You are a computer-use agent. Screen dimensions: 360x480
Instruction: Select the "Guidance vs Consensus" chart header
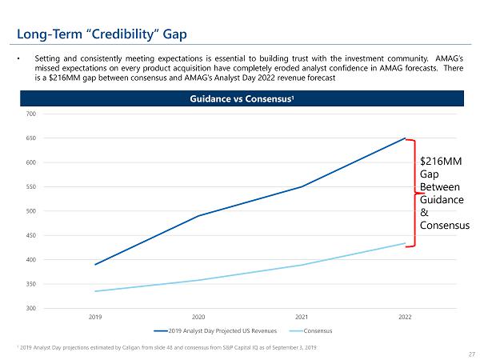pyautogui.click(x=240, y=98)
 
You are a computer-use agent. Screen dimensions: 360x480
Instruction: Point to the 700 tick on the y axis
pyautogui.click(x=31, y=114)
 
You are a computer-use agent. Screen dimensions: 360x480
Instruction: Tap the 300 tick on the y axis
pyautogui.click(x=31, y=308)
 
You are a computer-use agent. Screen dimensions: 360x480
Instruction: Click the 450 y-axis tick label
pyautogui.click(x=31, y=235)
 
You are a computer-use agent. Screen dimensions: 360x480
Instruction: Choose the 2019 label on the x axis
pyautogui.click(x=95, y=317)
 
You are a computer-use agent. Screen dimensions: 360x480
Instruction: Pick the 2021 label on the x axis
pyautogui.click(x=302, y=317)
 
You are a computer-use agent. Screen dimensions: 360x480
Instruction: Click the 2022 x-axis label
pyautogui.click(x=405, y=317)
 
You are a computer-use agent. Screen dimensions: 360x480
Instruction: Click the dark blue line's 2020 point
pyautogui.click(x=198, y=216)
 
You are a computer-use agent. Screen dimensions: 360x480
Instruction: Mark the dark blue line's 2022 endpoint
pyautogui.click(x=405, y=138)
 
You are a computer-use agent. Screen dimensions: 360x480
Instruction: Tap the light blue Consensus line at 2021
pyautogui.click(x=302, y=265)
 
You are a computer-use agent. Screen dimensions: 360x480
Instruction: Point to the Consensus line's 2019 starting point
pyautogui.click(x=95, y=291)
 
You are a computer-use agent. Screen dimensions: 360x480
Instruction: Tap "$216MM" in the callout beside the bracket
pyautogui.click(x=440, y=162)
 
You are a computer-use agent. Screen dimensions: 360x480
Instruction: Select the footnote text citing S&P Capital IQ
pyautogui.click(x=160, y=347)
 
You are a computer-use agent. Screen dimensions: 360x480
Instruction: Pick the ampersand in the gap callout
pyautogui.click(x=424, y=213)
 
